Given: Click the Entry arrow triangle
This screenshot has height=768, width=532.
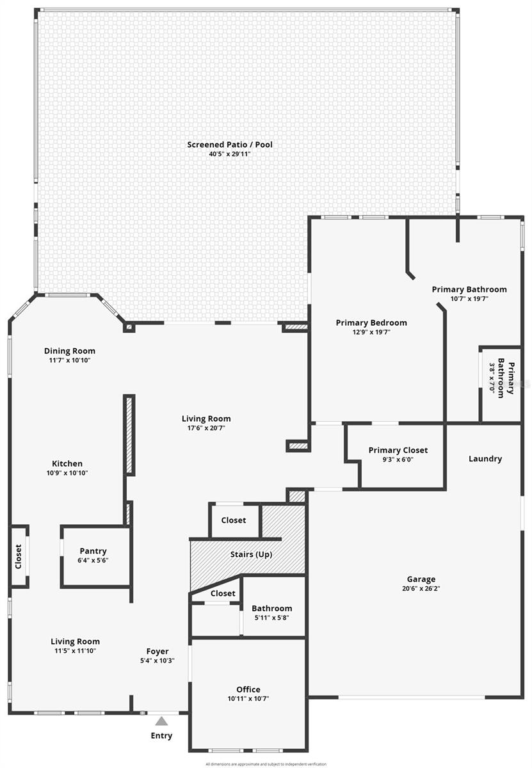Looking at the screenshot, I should (161, 721).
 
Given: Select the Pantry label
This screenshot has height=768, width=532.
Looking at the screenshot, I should (93, 551).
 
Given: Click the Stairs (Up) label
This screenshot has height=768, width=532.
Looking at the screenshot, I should (251, 554).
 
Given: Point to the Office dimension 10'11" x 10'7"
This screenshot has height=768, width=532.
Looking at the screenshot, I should (248, 698).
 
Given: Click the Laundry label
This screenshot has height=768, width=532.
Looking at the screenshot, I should (485, 458).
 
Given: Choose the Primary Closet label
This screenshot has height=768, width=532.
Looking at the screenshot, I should (398, 450).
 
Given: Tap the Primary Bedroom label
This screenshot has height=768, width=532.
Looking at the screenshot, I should (371, 323).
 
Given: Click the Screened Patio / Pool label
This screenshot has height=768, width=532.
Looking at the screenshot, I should (229, 145).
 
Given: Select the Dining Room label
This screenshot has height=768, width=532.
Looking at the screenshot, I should (69, 351).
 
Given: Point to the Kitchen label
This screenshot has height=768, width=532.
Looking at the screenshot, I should (67, 463).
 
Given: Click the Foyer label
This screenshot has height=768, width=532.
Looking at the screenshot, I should (157, 652).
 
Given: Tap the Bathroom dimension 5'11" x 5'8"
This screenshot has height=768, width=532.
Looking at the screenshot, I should (271, 617).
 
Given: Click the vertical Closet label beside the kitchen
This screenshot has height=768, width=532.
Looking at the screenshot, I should (19, 556).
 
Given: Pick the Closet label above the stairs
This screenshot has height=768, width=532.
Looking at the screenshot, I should (233, 520).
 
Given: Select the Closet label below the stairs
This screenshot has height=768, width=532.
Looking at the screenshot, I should (222, 593).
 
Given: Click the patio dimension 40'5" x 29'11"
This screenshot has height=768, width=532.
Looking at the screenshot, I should (229, 154).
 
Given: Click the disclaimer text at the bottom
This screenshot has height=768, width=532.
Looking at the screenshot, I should (266, 764).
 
